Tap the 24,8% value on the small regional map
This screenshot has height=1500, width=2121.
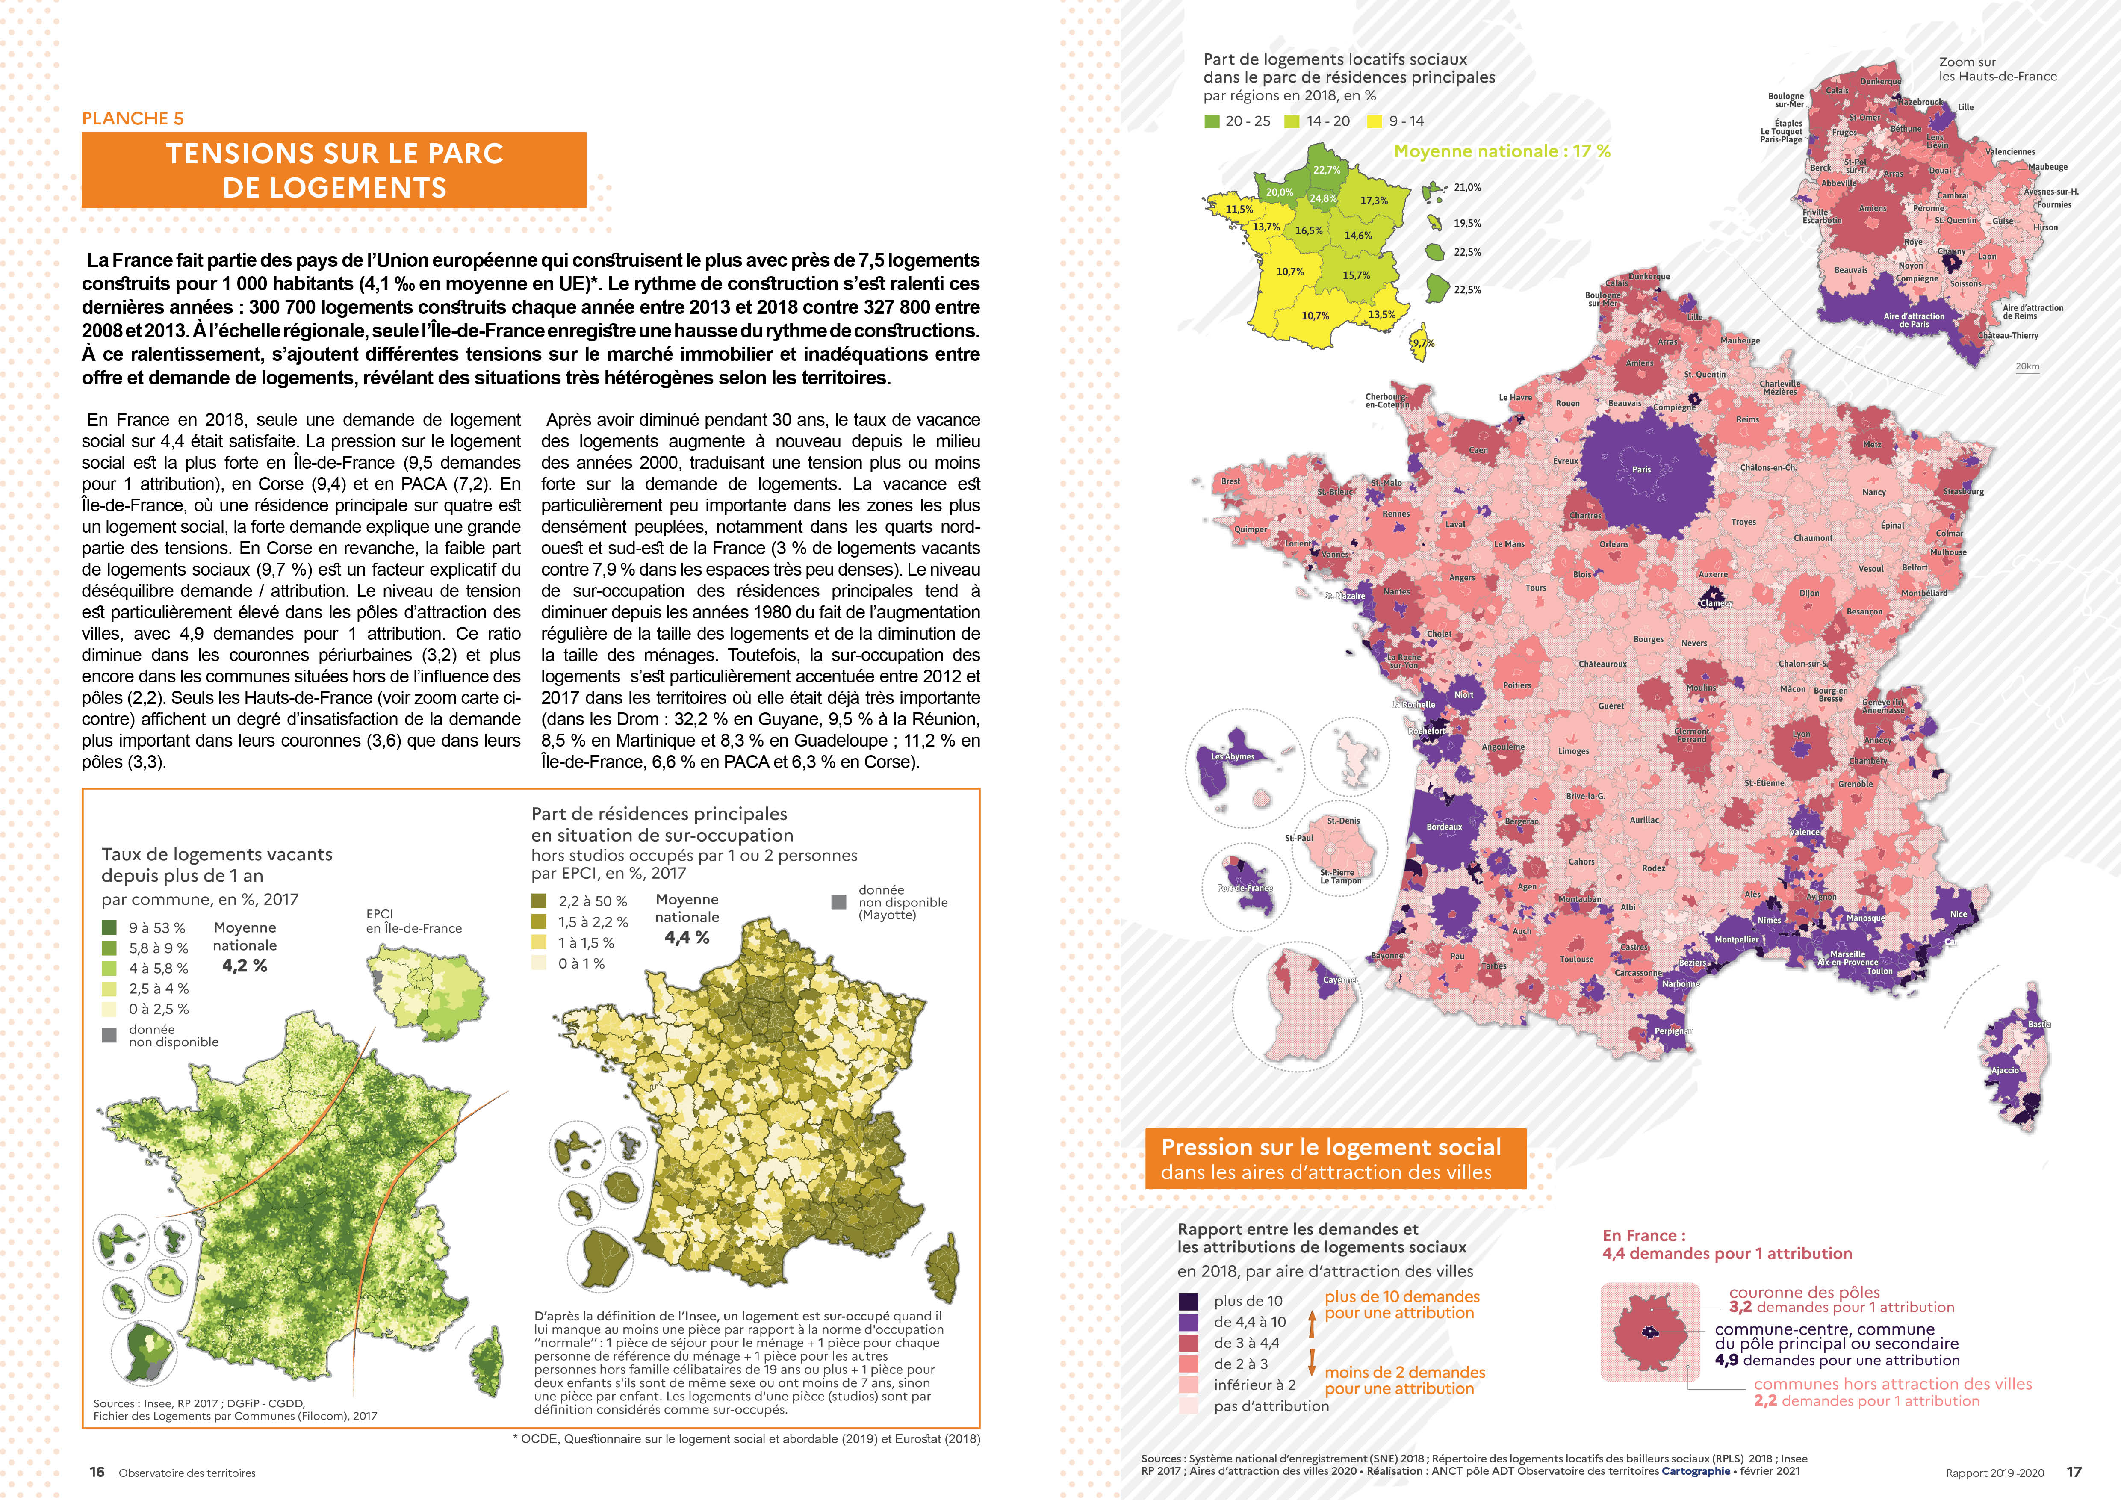click(x=1323, y=198)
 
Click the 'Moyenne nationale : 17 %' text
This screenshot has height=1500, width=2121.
click(x=1502, y=151)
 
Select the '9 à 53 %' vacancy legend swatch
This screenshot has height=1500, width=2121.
click(x=109, y=927)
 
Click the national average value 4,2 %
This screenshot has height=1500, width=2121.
click(x=245, y=966)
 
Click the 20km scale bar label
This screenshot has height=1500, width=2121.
click(x=2028, y=367)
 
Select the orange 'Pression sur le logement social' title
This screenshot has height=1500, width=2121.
click(x=1331, y=1147)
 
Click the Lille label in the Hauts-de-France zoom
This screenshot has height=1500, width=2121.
click(x=1965, y=107)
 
